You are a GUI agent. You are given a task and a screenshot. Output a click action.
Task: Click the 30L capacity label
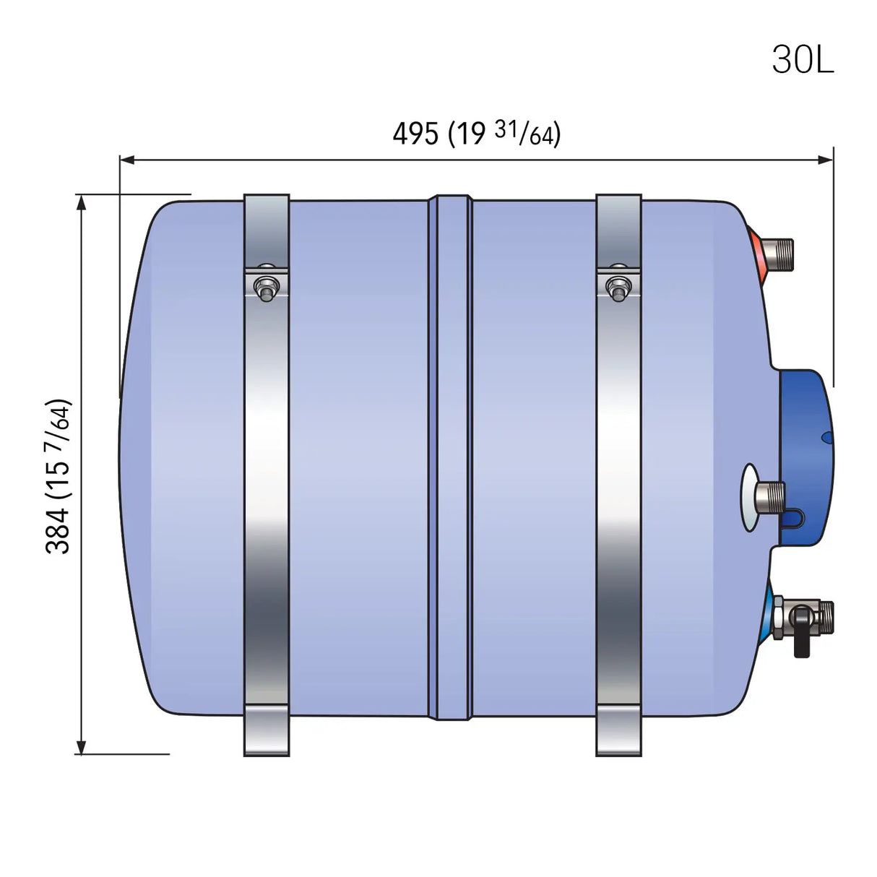point(803,59)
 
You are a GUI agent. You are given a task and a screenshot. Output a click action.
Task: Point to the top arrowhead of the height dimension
point(82,202)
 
